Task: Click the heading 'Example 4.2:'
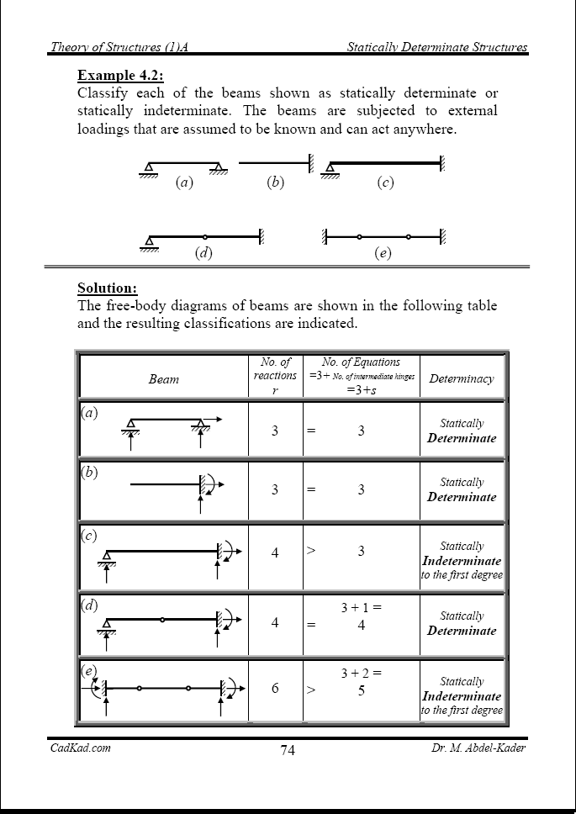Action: pyautogui.click(x=115, y=75)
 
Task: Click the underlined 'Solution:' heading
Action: pyautogui.click(x=107, y=288)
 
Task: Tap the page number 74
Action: pyautogui.click(x=287, y=750)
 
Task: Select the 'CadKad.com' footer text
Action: pyautogui.click(x=81, y=748)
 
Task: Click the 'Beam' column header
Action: pyautogui.click(x=163, y=379)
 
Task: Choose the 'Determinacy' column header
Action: pyautogui.click(x=462, y=378)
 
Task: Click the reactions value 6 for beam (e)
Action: pyautogui.click(x=275, y=688)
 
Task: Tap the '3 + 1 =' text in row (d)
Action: pyautogui.click(x=361, y=606)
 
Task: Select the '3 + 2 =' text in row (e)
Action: pyautogui.click(x=361, y=673)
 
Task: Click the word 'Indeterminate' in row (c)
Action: pyautogui.click(x=462, y=561)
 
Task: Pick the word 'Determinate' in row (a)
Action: pyautogui.click(x=462, y=438)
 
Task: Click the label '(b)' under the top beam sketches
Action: pyautogui.click(x=275, y=182)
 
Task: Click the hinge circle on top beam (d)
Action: pyautogui.click(x=204, y=237)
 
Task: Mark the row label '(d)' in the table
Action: pyautogui.click(x=90, y=605)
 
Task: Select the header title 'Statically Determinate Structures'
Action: pyautogui.click(x=437, y=47)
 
